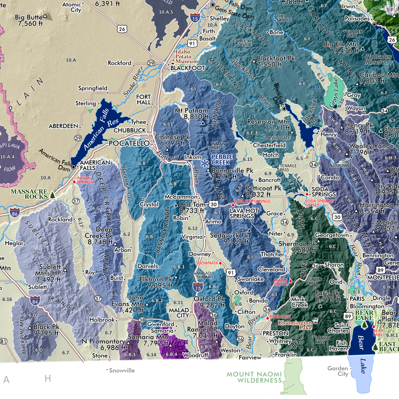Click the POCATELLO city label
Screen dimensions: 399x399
click(129, 143)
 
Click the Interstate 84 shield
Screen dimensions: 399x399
click(35, 300)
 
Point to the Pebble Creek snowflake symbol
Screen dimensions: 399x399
click(203, 163)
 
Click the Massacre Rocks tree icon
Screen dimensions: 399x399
click(53, 195)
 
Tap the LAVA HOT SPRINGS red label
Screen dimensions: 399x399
click(252, 201)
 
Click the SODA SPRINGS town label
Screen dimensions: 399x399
click(323, 191)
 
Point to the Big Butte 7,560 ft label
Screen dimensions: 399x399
click(30, 20)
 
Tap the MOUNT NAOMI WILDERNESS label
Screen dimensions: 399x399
click(254, 377)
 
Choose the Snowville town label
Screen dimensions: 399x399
click(122, 371)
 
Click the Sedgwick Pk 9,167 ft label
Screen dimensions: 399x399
click(230, 237)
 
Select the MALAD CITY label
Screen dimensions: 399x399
click(179, 312)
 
